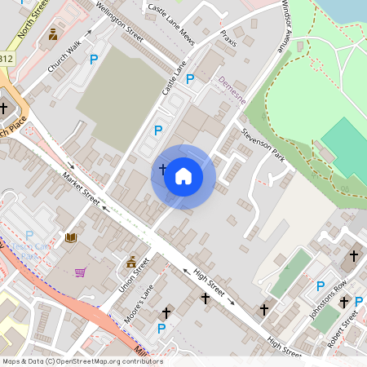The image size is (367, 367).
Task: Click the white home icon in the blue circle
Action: tap(183, 176)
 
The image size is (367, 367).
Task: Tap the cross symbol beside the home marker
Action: tap(162, 170)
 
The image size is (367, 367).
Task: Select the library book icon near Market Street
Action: tap(71, 237)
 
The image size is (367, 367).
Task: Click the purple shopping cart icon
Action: tap(81, 272)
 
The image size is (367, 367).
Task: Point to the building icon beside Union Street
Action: tap(131, 262)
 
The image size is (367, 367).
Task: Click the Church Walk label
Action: tap(65, 59)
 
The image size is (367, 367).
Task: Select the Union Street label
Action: tap(135, 277)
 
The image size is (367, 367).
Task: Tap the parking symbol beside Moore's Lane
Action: tap(161, 328)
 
